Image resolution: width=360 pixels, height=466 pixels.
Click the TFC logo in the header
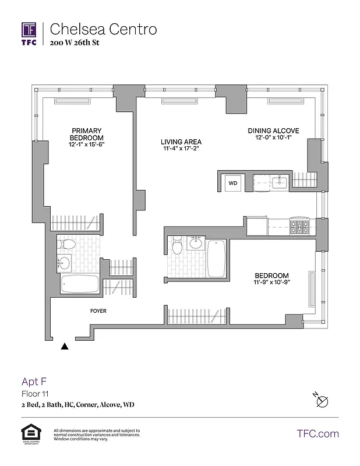click(29, 33)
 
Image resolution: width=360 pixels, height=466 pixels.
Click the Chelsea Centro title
click(103, 29)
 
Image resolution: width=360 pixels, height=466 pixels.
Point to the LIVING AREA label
click(181, 142)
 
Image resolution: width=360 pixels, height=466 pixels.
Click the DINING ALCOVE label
click(273, 130)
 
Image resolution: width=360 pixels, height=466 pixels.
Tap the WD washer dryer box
click(233, 182)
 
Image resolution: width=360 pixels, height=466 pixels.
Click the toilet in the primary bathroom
click(66, 244)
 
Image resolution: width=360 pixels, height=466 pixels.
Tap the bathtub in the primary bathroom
click(80, 285)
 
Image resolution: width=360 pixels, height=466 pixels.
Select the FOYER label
click(98, 311)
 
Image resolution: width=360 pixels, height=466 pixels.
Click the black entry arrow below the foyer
click(65, 347)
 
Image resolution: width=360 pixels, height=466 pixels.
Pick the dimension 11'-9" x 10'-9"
click(271, 283)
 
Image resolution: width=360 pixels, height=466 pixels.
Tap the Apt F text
click(34, 382)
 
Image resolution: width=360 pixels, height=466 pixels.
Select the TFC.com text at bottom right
click(317, 433)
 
